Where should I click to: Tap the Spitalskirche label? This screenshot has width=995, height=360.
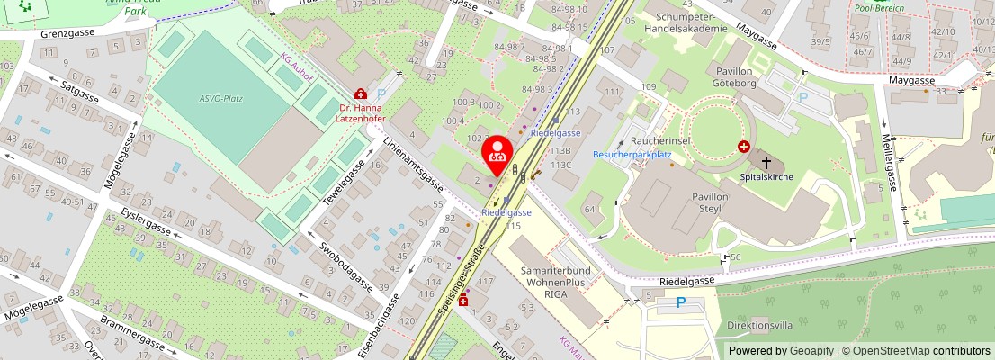tap(766, 177)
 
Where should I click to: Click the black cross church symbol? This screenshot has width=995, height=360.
tap(766, 163)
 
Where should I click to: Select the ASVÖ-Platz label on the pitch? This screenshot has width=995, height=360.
tap(220, 99)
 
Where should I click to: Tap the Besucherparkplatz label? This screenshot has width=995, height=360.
tap(632, 154)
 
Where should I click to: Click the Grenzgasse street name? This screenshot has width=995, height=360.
tap(67, 33)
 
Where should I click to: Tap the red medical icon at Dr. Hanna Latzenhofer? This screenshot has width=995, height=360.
tap(361, 93)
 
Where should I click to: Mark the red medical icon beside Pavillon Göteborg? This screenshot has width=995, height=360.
tap(744, 146)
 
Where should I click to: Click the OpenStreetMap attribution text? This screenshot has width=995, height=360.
tap(910, 350)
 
